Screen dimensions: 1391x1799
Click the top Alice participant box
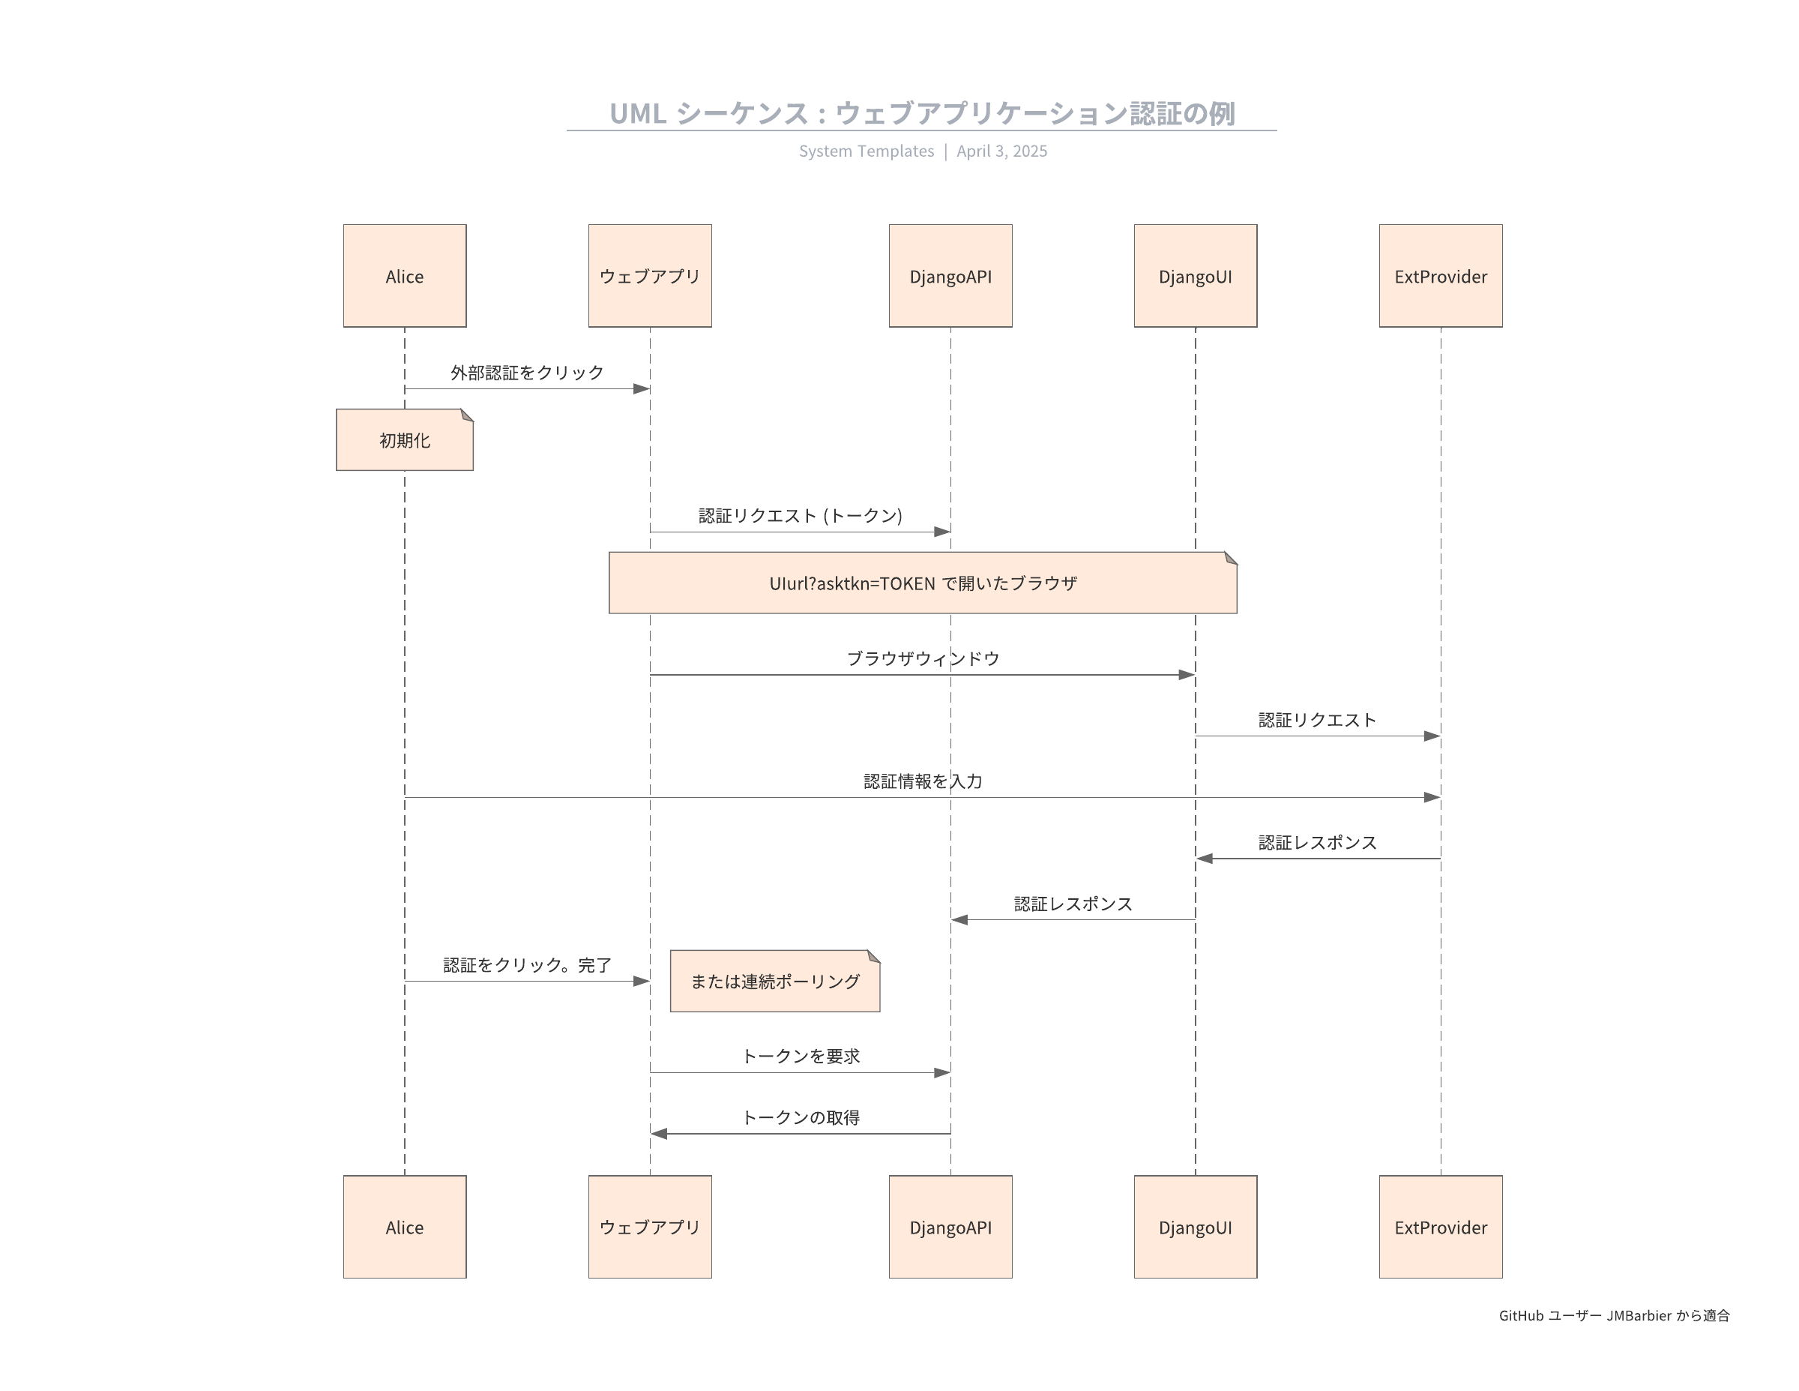click(x=405, y=276)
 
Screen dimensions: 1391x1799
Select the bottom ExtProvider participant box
click(x=1440, y=1226)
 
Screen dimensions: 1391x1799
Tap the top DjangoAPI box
click(x=950, y=276)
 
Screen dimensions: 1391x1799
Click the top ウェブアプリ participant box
click(x=649, y=276)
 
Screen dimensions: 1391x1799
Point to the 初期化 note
click(x=405, y=440)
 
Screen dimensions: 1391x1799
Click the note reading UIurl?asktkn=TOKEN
click(x=923, y=583)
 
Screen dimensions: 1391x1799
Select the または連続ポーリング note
click(x=774, y=981)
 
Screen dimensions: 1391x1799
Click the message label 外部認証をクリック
click(x=526, y=373)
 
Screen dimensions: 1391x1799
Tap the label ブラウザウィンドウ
click(x=923, y=658)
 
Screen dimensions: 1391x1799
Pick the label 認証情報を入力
click(x=923, y=781)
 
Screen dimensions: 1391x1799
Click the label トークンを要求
click(x=801, y=1056)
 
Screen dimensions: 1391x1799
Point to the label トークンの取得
click(x=801, y=1117)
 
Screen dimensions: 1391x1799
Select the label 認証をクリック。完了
click(x=526, y=965)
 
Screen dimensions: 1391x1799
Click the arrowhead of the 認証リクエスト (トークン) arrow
click(x=942, y=532)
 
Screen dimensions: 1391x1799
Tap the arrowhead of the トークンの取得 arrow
click(x=659, y=1133)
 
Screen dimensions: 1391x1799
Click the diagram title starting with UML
click(x=922, y=113)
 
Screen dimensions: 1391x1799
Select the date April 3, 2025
click(x=1001, y=151)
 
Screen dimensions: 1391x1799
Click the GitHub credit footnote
click(x=1613, y=1315)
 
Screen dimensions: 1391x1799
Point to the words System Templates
click(x=866, y=151)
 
